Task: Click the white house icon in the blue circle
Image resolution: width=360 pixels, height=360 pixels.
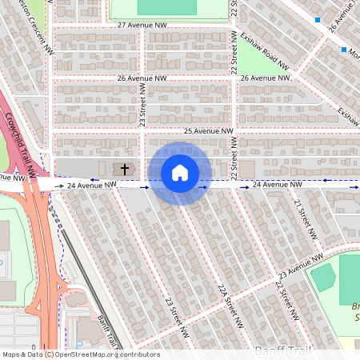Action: click(180, 173)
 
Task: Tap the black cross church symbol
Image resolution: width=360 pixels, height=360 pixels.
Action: click(125, 169)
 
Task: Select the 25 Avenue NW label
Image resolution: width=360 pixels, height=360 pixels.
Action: click(208, 131)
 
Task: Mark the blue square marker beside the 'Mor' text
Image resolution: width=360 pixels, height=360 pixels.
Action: click(345, 50)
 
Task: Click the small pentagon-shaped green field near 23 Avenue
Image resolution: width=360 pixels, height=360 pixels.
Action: click(322, 278)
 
